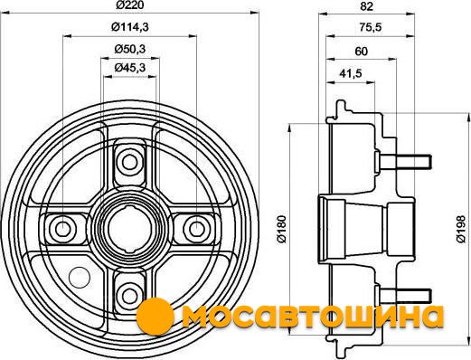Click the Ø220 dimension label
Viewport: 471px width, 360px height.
tap(130, 5)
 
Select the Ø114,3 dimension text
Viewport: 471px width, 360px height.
tap(130, 27)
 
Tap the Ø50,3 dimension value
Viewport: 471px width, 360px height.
tap(130, 49)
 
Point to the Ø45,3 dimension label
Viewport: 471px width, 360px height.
tap(130, 68)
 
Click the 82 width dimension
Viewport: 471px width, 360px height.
tap(366, 6)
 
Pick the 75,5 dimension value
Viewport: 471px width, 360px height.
tap(371, 27)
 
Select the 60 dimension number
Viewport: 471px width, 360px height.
tap(362, 52)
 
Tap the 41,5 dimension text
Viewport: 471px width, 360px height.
tap(351, 73)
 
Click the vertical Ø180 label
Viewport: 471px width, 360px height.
tap(282, 229)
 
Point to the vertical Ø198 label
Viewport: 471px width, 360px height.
tap(461, 229)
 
